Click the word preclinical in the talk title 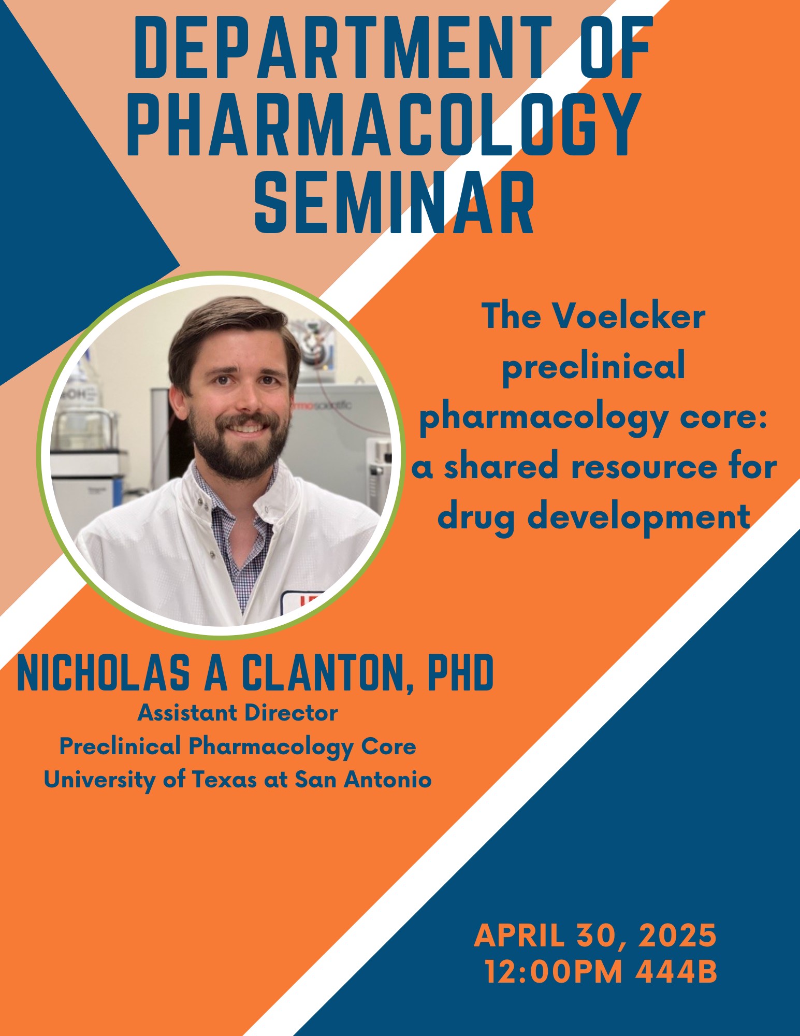[x=594, y=366]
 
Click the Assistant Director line [x=238, y=713]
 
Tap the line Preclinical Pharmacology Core [x=238, y=747]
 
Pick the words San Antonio [x=363, y=780]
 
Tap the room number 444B [x=676, y=972]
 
